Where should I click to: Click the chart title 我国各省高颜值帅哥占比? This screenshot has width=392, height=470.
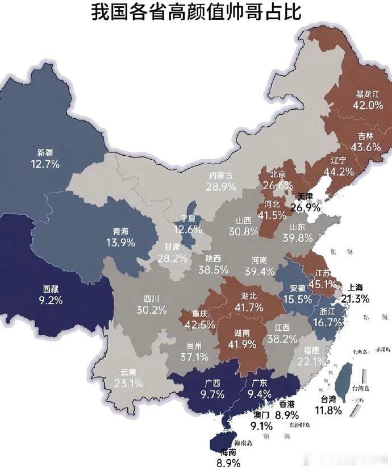tap(196, 12)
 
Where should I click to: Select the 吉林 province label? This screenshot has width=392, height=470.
tap(366, 136)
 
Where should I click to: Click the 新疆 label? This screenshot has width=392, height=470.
tap(45, 152)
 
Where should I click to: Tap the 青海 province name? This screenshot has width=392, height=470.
tap(120, 231)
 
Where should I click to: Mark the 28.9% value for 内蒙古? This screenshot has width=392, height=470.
tap(222, 186)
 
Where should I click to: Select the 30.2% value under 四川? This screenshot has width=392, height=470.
tap(151, 310)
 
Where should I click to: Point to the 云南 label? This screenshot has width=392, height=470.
tap(128, 372)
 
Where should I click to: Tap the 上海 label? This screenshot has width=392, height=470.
tap(356, 287)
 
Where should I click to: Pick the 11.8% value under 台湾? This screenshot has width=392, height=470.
tap(330, 410)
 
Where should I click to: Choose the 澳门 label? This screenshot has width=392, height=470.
tap(261, 415)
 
